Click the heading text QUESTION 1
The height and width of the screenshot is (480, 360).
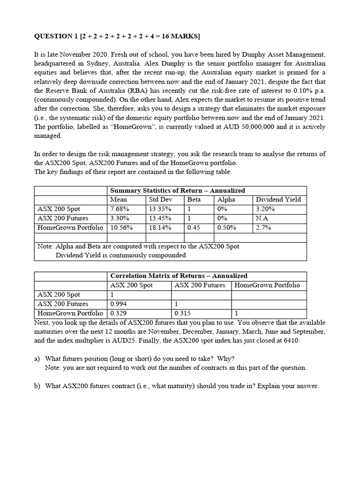pos(56,37)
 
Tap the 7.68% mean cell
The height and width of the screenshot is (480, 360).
pos(119,209)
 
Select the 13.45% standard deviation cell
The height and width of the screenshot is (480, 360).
pos(160,218)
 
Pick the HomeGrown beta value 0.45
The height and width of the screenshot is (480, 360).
pos(194,228)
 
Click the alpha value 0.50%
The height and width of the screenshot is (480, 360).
pos(227,228)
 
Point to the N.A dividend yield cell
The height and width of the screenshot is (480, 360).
pos(262,218)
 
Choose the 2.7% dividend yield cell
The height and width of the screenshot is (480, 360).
pos(263,228)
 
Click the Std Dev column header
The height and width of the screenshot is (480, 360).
pos(160,200)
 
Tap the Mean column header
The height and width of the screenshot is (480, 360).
pos(119,200)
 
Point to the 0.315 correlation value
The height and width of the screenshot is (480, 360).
pos(183,313)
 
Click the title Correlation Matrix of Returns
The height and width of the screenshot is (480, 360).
pos(179,276)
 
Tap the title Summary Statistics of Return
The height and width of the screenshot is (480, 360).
pos(177,190)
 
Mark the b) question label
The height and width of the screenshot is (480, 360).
pos(37,386)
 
